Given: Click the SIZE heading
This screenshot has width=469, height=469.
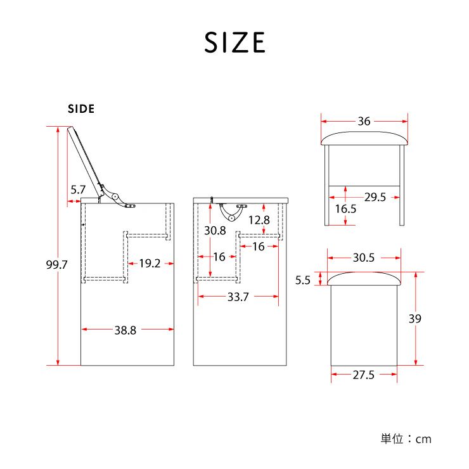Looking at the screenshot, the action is click(x=234, y=42).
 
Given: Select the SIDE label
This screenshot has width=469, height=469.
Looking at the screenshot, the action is click(x=81, y=109).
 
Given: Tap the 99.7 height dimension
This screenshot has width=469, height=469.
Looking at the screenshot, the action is click(x=56, y=264).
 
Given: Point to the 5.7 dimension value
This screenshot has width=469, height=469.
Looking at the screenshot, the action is click(x=78, y=190).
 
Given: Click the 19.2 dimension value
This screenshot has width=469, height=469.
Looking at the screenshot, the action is click(x=150, y=264).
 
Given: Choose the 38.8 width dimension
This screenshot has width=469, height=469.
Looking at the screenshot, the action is click(x=125, y=330).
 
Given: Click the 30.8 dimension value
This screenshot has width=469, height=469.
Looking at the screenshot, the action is click(x=215, y=230).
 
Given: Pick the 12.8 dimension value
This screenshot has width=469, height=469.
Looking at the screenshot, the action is click(x=259, y=220).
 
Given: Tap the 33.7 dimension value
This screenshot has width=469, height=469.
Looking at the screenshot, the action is click(x=238, y=297).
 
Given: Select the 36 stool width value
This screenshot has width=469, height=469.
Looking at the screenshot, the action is click(x=364, y=121).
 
